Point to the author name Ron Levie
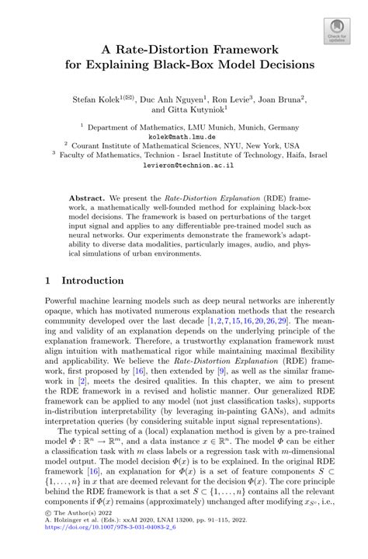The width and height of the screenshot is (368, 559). pyautogui.click(x=234, y=99)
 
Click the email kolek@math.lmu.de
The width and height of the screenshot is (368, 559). pyautogui.click(x=184, y=135)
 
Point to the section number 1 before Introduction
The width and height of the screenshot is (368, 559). pyautogui.click(x=47, y=280)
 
